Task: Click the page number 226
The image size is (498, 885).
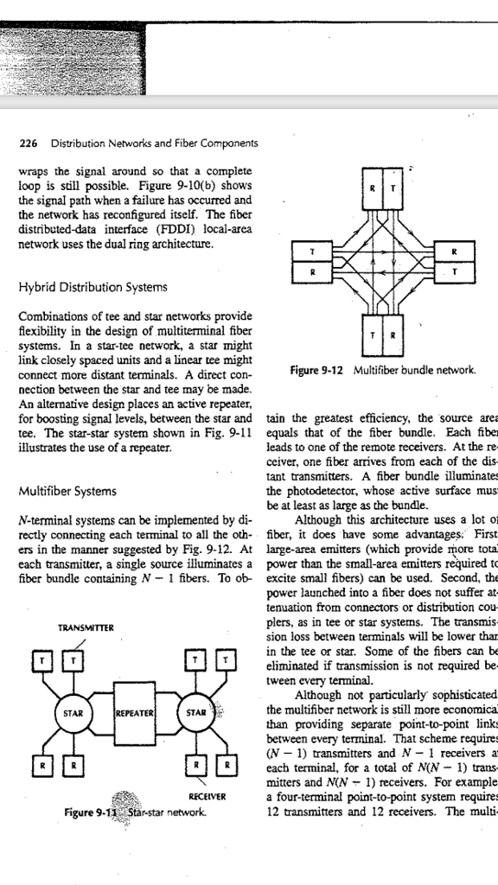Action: (29, 143)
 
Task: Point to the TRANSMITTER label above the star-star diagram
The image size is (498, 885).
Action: (70, 627)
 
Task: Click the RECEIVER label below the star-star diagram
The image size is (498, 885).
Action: (209, 798)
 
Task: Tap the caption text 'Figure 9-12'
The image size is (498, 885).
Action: (315, 369)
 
